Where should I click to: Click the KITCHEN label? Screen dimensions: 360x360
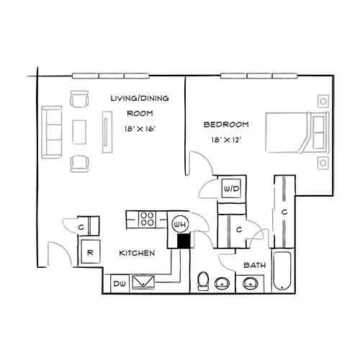[134, 253]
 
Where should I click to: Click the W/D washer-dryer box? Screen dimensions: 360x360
[232, 189]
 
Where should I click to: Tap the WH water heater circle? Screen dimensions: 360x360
[180, 225]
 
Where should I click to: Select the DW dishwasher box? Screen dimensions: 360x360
[120, 284]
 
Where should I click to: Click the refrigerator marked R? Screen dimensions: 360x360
[90, 253]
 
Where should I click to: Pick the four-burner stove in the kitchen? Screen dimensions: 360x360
[148, 218]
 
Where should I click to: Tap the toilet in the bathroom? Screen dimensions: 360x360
[203, 282]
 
